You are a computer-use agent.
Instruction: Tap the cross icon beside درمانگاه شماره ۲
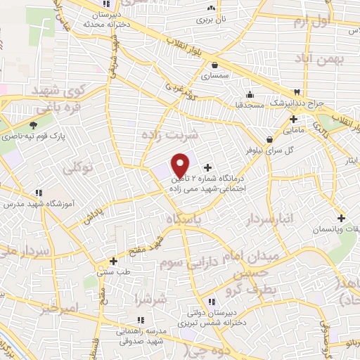tap(207, 167)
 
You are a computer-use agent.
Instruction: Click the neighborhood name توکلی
tap(78, 169)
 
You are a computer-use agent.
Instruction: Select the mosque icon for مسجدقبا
tap(250, 95)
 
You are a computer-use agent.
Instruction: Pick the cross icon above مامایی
tap(292, 119)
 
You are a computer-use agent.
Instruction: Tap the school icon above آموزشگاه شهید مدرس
tap(38, 193)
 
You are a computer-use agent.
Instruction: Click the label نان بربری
tap(210, 20)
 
